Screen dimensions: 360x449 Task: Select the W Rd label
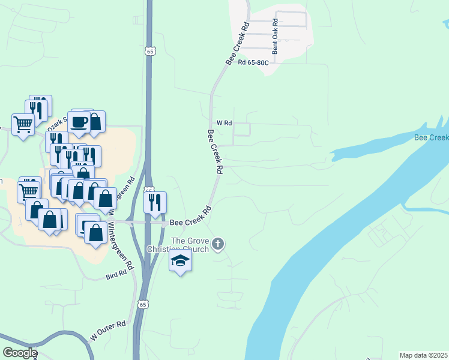pyautogui.click(x=224, y=122)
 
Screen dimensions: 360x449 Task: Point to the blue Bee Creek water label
pyautogui.click(x=431, y=138)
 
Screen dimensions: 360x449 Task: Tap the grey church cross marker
pyautogui.click(x=218, y=244)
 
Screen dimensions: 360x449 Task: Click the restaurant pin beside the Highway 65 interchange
pyautogui.click(x=155, y=203)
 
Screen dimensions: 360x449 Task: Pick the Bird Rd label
pyautogui.click(x=116, y=274)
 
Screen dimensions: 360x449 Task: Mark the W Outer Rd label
pyautogui.click(x=108, y=331)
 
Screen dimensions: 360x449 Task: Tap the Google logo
pyautogui.click(x=20, y=353)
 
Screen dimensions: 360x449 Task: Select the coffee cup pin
pyautogui.click(x=79, y=122)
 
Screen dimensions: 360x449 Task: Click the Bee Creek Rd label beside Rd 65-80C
pyautogui.click(x=237, y=44)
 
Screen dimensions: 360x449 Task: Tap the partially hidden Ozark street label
pyautogui.click(x=57, y=120)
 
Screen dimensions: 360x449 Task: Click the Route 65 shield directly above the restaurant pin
pyautogui.click(x=149, y=190)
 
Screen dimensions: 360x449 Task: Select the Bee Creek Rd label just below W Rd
pyautogui.click(x=214, y=152)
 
